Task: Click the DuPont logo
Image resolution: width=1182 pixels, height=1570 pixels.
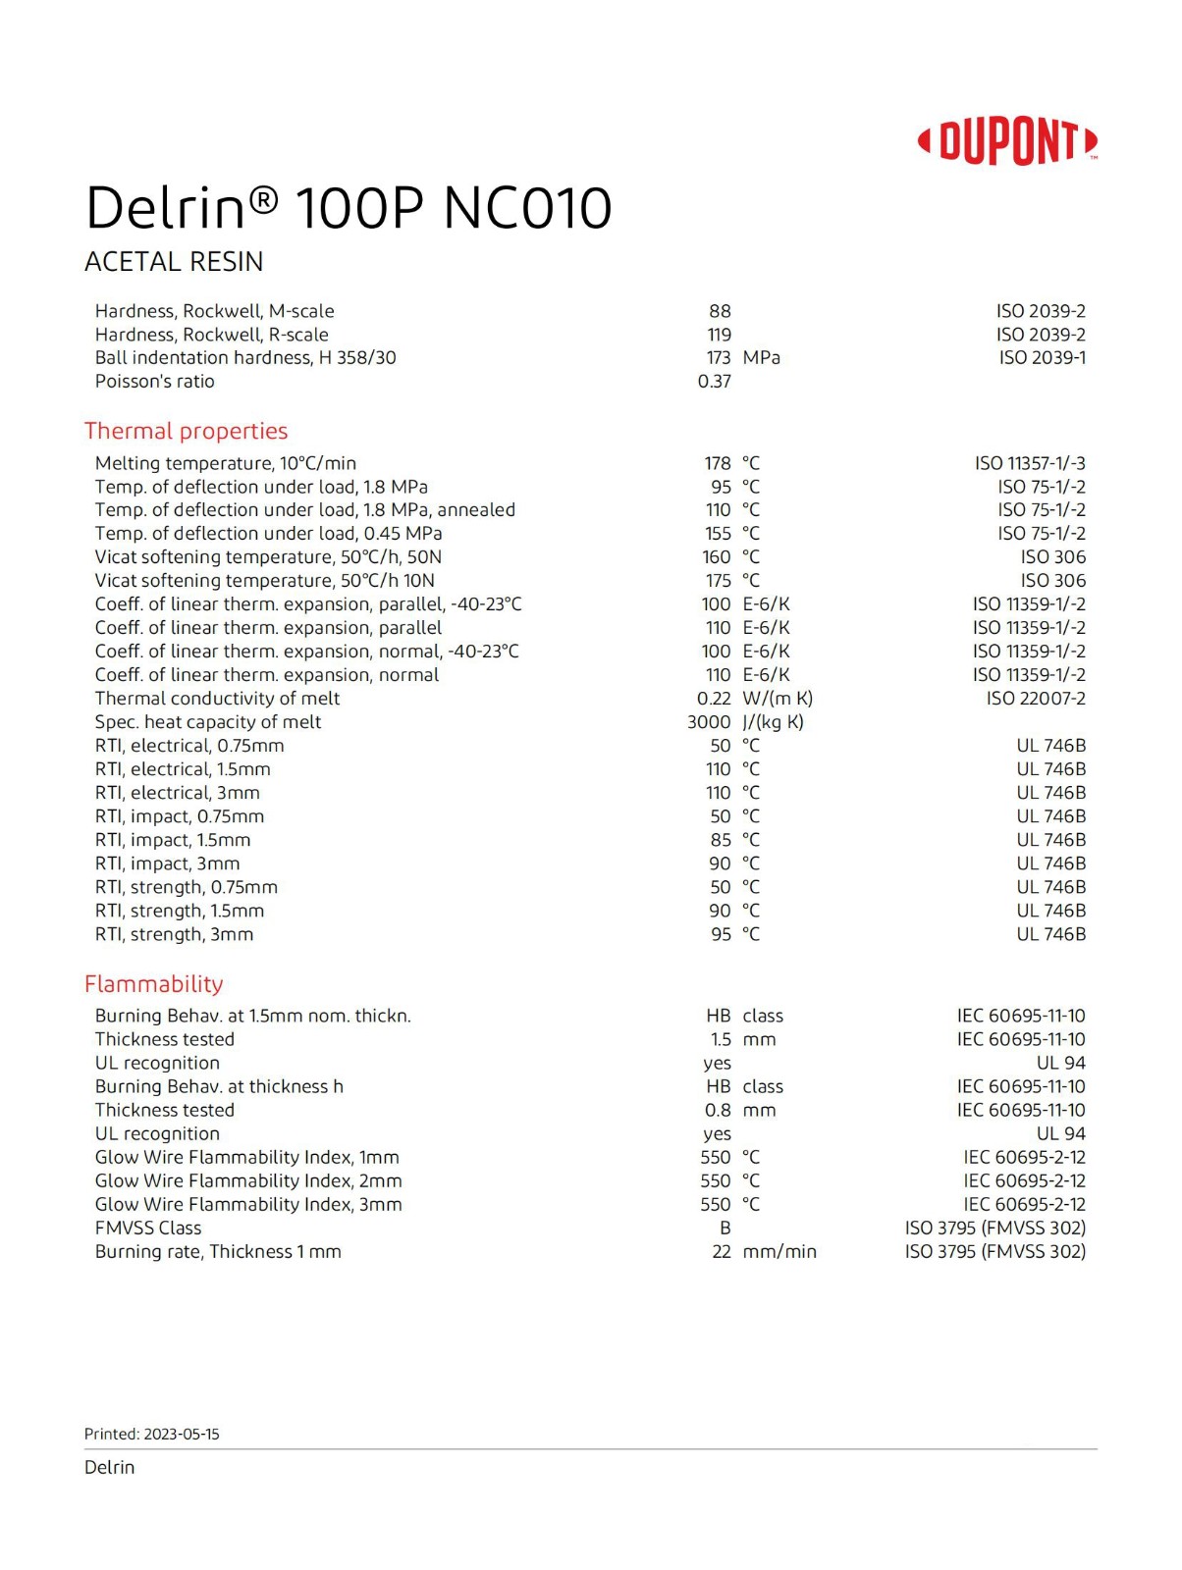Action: point(1007,142)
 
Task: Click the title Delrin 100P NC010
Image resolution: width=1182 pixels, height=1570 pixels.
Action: point(349,208)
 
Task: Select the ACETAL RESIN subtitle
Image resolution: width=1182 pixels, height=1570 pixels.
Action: point(174,262)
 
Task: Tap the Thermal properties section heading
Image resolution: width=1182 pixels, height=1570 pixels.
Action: point(186,431)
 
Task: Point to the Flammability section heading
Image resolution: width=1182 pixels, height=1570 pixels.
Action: point(153,983)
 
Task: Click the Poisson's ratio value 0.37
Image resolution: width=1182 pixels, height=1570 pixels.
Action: point(714,382)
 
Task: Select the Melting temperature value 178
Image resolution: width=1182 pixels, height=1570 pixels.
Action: point(718,463)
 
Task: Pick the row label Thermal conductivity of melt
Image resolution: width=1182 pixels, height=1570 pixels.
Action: point(217,699)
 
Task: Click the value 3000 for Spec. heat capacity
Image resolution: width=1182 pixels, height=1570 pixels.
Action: point(709,722)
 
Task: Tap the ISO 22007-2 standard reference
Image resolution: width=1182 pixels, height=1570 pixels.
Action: point(1036,699)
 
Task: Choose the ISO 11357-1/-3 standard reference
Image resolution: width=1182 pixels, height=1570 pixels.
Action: point(1030,463)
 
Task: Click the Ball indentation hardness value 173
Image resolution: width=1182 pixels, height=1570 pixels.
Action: point(719,358)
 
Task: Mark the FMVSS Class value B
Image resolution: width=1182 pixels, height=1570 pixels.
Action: point(725,1229)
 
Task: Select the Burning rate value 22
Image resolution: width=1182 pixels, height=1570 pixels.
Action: point(722,1252)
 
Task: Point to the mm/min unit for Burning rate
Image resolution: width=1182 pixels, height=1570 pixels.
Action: point(779,1252)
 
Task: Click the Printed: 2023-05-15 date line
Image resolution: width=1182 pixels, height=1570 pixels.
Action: point(152,1434)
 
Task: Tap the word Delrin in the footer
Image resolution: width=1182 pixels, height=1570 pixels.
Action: point(109,1467)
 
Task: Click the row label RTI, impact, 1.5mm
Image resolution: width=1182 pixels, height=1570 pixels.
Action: point(173,840)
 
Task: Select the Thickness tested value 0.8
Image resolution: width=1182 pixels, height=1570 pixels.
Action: point(718,1111)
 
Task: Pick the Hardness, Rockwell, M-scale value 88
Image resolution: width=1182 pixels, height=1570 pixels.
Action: point(720,311)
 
